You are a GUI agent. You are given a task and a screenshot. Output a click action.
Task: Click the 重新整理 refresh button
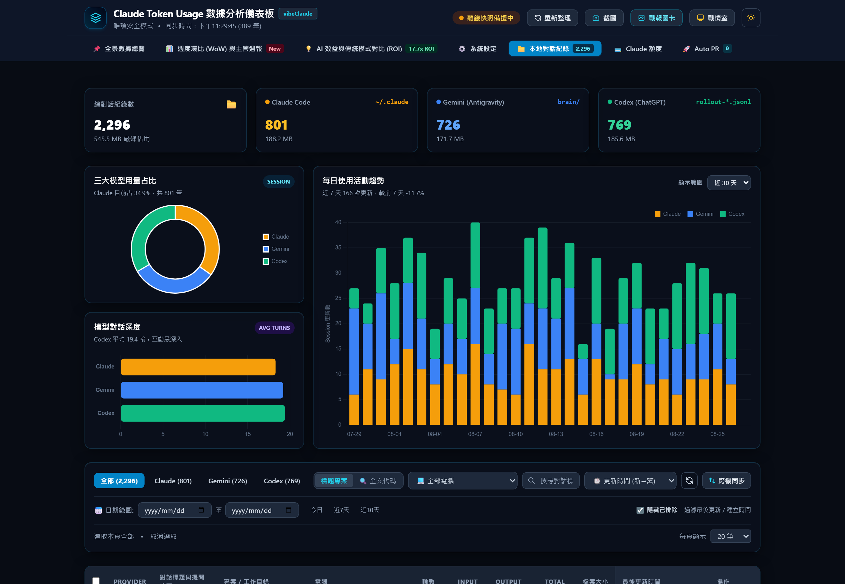[552, 18]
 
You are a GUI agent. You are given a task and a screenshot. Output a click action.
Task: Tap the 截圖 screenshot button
[604, 18]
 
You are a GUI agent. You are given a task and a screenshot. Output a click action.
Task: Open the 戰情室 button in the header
[712, 18]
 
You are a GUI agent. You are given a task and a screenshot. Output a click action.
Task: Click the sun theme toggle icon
[751, 18]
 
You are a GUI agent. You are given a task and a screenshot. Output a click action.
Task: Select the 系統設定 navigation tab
[478, 49]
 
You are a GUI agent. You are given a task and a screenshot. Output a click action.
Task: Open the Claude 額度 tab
[638, 49]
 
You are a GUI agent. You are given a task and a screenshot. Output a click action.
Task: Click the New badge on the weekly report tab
[275, 49]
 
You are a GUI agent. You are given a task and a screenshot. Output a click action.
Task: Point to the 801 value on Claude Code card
[276, 125]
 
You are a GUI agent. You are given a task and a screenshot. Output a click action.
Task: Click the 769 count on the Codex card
[619, 125]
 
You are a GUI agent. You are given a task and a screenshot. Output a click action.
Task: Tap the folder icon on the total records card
[231, 104]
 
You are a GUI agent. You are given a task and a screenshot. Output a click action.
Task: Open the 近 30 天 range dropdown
[729, 183]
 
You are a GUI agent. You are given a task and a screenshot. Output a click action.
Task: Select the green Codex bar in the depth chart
[203, 413]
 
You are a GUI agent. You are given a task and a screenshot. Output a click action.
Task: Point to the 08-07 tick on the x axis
[475, 434]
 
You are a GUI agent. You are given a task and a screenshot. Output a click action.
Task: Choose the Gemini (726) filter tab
[227, 481]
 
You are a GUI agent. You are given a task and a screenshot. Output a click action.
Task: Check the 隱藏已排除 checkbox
[640, 510]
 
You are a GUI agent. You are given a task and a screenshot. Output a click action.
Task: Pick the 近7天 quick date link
[341, 510]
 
